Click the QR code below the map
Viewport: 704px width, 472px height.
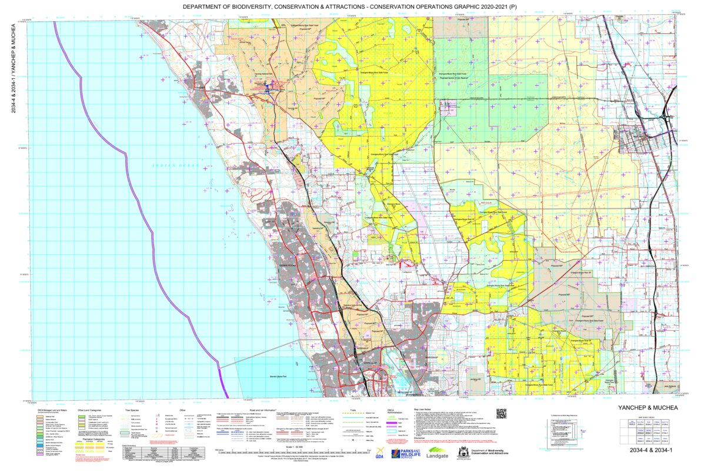click(x=501, y=413)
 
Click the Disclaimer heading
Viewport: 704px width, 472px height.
click(x=421, y=438)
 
